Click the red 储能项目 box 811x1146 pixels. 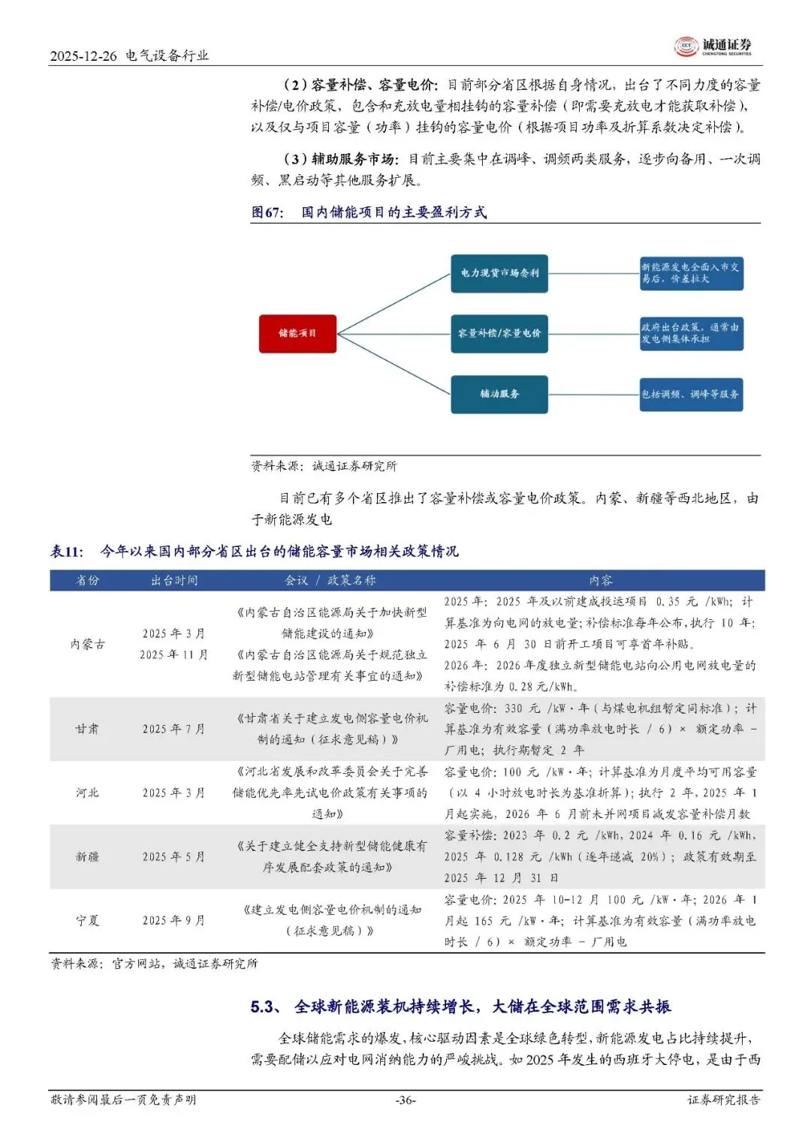[297, 333]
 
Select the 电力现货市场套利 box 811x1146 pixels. [499, 273]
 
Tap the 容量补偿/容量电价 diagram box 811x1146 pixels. [499, 333]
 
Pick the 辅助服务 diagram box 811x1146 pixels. [499, 394]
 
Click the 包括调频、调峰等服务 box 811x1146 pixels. [691, 394]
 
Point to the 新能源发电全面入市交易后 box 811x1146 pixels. [691, 272]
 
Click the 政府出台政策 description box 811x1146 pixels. [691, 333]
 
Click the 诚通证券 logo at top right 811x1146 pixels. [713, 47]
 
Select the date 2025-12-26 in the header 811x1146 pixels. [83, 56]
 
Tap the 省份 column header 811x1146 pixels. [88, 580]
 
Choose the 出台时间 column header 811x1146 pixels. [174, 580]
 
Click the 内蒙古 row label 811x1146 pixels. [88, 644]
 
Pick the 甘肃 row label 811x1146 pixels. [88, 729]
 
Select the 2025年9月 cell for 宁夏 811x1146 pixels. [174, 920]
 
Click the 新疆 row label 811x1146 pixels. [88, 856]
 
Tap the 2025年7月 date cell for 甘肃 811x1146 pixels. [174, 729]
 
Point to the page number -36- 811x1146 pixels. [405, 1100]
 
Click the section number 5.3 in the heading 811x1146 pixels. [265, 1007]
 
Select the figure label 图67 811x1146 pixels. [267, 212]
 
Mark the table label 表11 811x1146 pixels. [66, 552]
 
